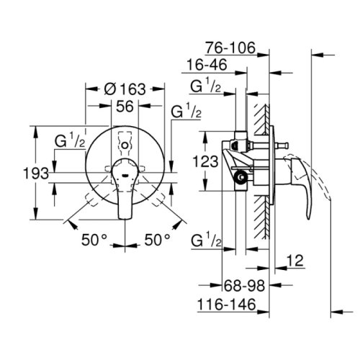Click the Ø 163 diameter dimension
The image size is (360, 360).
click(125, 89)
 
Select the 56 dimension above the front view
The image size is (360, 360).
click(127, 106)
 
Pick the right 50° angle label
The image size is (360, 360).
click(157, 238)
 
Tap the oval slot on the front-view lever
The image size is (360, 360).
click(127, 174)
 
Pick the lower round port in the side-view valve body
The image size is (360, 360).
click(243, 175)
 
